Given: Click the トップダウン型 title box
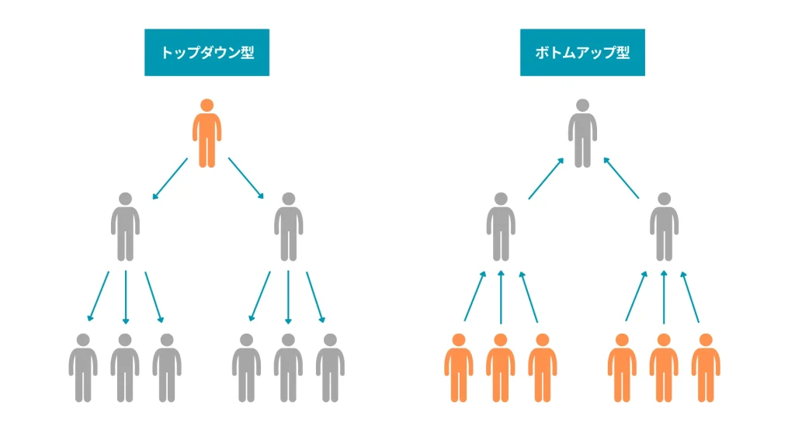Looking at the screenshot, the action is (207, 52).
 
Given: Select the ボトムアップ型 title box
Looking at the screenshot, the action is (582, 52).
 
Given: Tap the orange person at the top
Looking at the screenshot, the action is (207, 133).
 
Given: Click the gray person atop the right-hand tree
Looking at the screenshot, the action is (582, 133).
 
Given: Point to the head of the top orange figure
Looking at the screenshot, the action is (207, 106).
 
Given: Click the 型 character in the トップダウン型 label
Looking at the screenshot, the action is (248, 52).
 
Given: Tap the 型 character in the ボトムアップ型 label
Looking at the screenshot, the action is (623, 52).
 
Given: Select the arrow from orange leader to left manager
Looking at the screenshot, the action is (170, 178).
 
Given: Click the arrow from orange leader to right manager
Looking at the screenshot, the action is (246, 178).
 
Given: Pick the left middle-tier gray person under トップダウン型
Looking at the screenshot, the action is (125, 227).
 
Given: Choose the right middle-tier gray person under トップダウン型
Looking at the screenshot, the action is (289, 227).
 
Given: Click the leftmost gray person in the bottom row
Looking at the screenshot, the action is (83, 368).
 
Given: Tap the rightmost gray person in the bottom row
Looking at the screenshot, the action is (330, 368).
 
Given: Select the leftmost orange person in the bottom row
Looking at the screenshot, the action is (459, 368).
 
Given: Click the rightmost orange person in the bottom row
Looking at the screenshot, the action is (706, 368).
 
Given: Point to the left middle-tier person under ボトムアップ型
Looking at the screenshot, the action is (501, 227).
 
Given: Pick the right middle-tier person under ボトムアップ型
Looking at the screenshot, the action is (665, 227).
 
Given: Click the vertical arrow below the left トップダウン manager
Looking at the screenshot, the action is (126, 297).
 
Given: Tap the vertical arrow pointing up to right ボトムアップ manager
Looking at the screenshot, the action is (664, 297).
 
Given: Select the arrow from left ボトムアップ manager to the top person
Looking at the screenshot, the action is (546, 178).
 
